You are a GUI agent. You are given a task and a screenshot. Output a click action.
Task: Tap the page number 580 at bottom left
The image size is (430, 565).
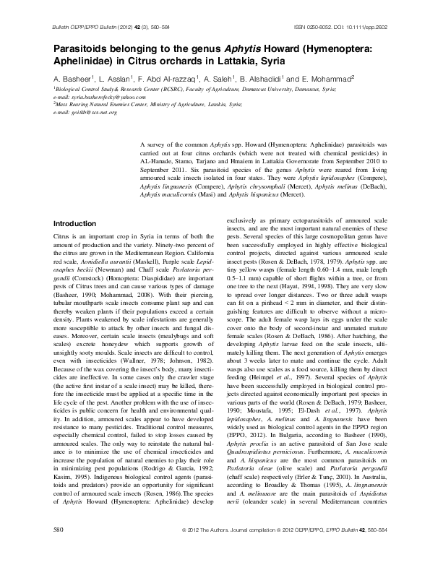point(59,551)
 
